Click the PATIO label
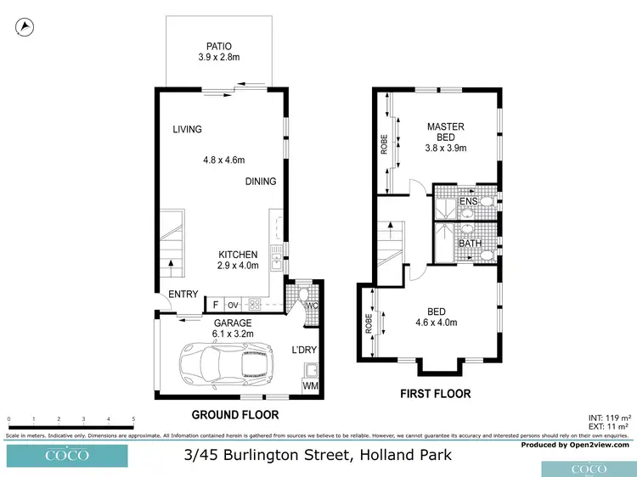218,46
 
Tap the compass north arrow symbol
25,27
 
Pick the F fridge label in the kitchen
217,305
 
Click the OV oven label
233,305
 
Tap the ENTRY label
183,295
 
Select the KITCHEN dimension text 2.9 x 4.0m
238,267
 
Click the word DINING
261,182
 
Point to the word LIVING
187,130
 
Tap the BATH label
470,244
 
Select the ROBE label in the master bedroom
384,144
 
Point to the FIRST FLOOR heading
435,394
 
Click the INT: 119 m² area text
609,418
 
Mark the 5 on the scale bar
133,419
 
